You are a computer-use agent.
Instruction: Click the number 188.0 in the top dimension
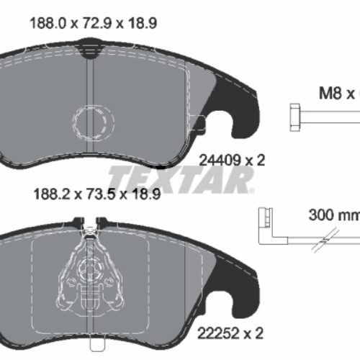[45, 23]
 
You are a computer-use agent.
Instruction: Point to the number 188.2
[45, 194]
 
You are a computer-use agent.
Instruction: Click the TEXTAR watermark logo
[180, 176]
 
